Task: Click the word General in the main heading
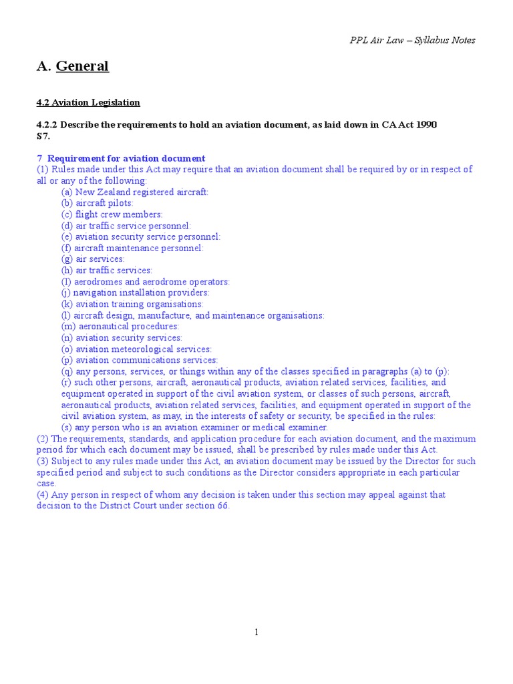coord(82,66)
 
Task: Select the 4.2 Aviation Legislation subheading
coord(88,102)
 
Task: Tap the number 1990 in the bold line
coord(423,125)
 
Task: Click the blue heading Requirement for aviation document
coord(126,158)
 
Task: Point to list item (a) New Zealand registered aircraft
coord(135,192)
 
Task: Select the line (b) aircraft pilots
coord(98,203)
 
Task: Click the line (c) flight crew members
coord(112,214)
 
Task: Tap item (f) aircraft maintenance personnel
coord(132,248)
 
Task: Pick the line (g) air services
coord(93,259)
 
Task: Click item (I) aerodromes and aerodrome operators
coord(146,282)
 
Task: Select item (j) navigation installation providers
coord(135,293)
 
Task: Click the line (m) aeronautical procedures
coord(120,327)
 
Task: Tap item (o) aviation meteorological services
coord(136,349)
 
